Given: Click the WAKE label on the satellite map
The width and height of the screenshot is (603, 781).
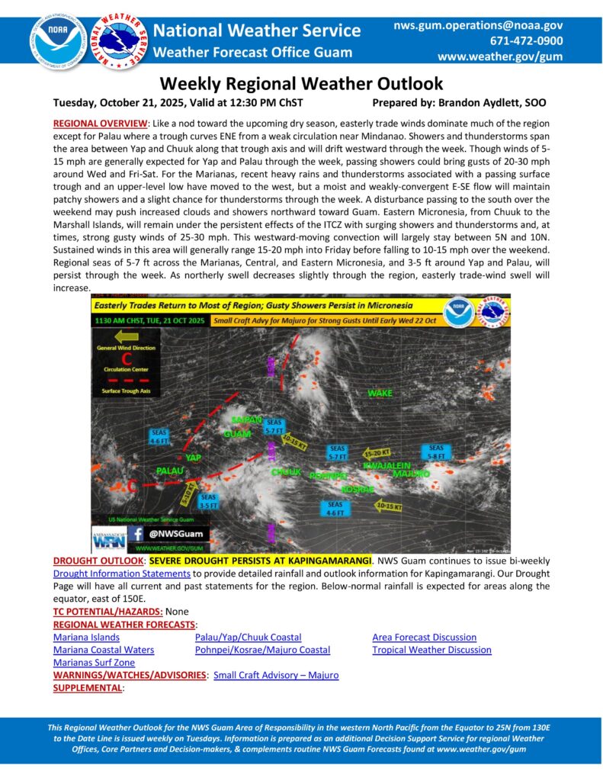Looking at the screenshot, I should [x=380, y=394].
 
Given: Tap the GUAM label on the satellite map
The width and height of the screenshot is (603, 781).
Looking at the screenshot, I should [x=237, y=434].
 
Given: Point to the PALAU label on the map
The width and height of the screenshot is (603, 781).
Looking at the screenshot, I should [x=170, y=471].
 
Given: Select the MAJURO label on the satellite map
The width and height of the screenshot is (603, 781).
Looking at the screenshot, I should [x=411, y=474].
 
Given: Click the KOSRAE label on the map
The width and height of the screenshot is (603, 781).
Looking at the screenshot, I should [x=358, y=488].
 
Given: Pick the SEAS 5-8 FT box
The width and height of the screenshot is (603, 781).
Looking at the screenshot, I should [x=436, y=453].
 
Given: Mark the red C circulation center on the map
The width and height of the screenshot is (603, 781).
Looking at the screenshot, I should [x=132, y=485].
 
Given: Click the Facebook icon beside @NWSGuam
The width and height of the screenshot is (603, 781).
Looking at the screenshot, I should [x=139, y=535].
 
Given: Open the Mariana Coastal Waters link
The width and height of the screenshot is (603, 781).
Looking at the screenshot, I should [x=104, y=650].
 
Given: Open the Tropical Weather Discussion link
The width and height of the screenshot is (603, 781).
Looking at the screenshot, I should [x=431, y=650].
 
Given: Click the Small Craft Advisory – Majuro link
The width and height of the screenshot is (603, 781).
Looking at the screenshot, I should [x=276, y=675].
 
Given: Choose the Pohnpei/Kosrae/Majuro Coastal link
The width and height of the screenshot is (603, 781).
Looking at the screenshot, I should [x=262, y=650].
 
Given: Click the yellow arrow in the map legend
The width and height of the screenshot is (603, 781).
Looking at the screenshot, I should [x=126, y=335].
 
